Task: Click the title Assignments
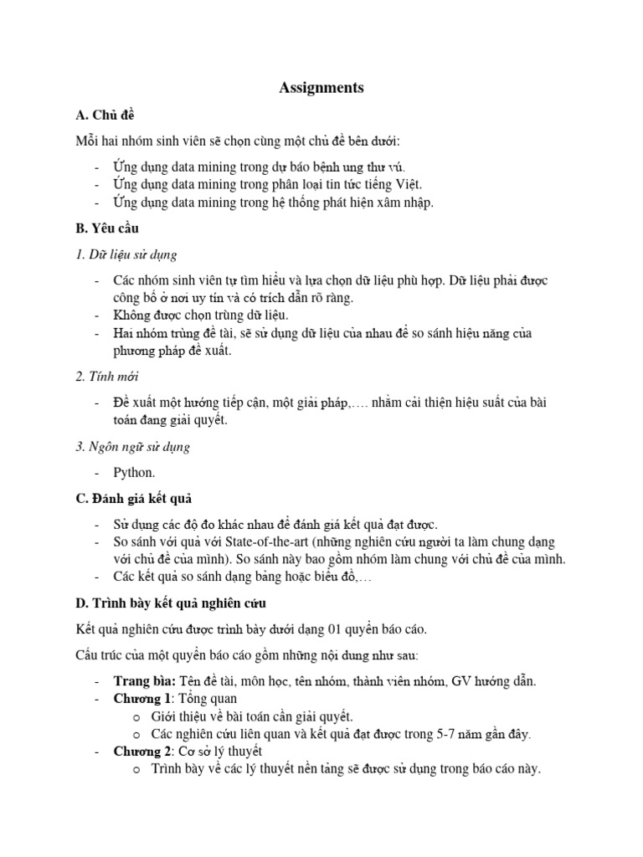[321, 88]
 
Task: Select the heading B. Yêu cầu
[107, 228]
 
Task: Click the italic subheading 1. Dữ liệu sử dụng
[126, 254]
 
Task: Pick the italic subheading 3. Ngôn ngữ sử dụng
[132, 446]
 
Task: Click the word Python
[134, 473]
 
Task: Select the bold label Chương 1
[143, 698]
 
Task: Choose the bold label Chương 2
[143, 751]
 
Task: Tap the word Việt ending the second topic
[406, 183]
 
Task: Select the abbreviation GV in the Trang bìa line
[461, 680]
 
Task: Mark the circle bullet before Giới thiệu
[136, 716]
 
